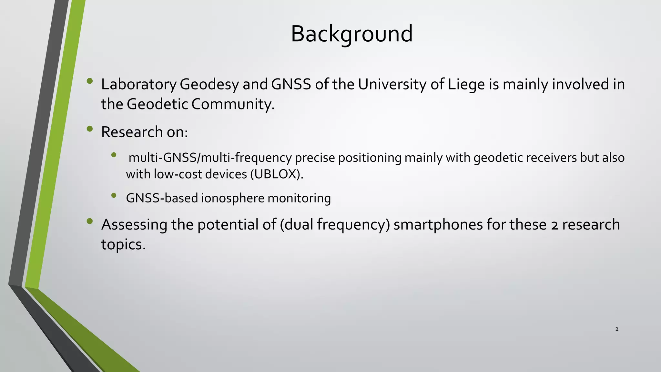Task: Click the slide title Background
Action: tap(351, 34)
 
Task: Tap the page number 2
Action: tap(617, 329)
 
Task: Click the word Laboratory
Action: tap(138, 85)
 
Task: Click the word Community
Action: tap(232, 104)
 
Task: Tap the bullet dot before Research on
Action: tap(90, 129)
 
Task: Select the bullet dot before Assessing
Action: tap(90, 221)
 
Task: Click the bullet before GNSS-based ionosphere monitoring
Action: tap(114, 195)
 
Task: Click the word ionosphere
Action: tap(233, 198)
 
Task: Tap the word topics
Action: tap(123, 244)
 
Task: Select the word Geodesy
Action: tap(209, 85)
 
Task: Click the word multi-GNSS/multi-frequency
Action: tap(210, 158)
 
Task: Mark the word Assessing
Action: tap(134, 225)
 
